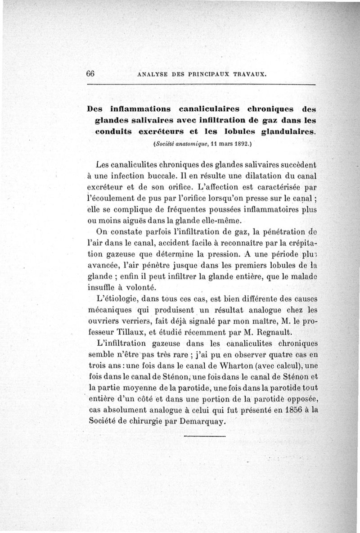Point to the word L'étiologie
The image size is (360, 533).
120,299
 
